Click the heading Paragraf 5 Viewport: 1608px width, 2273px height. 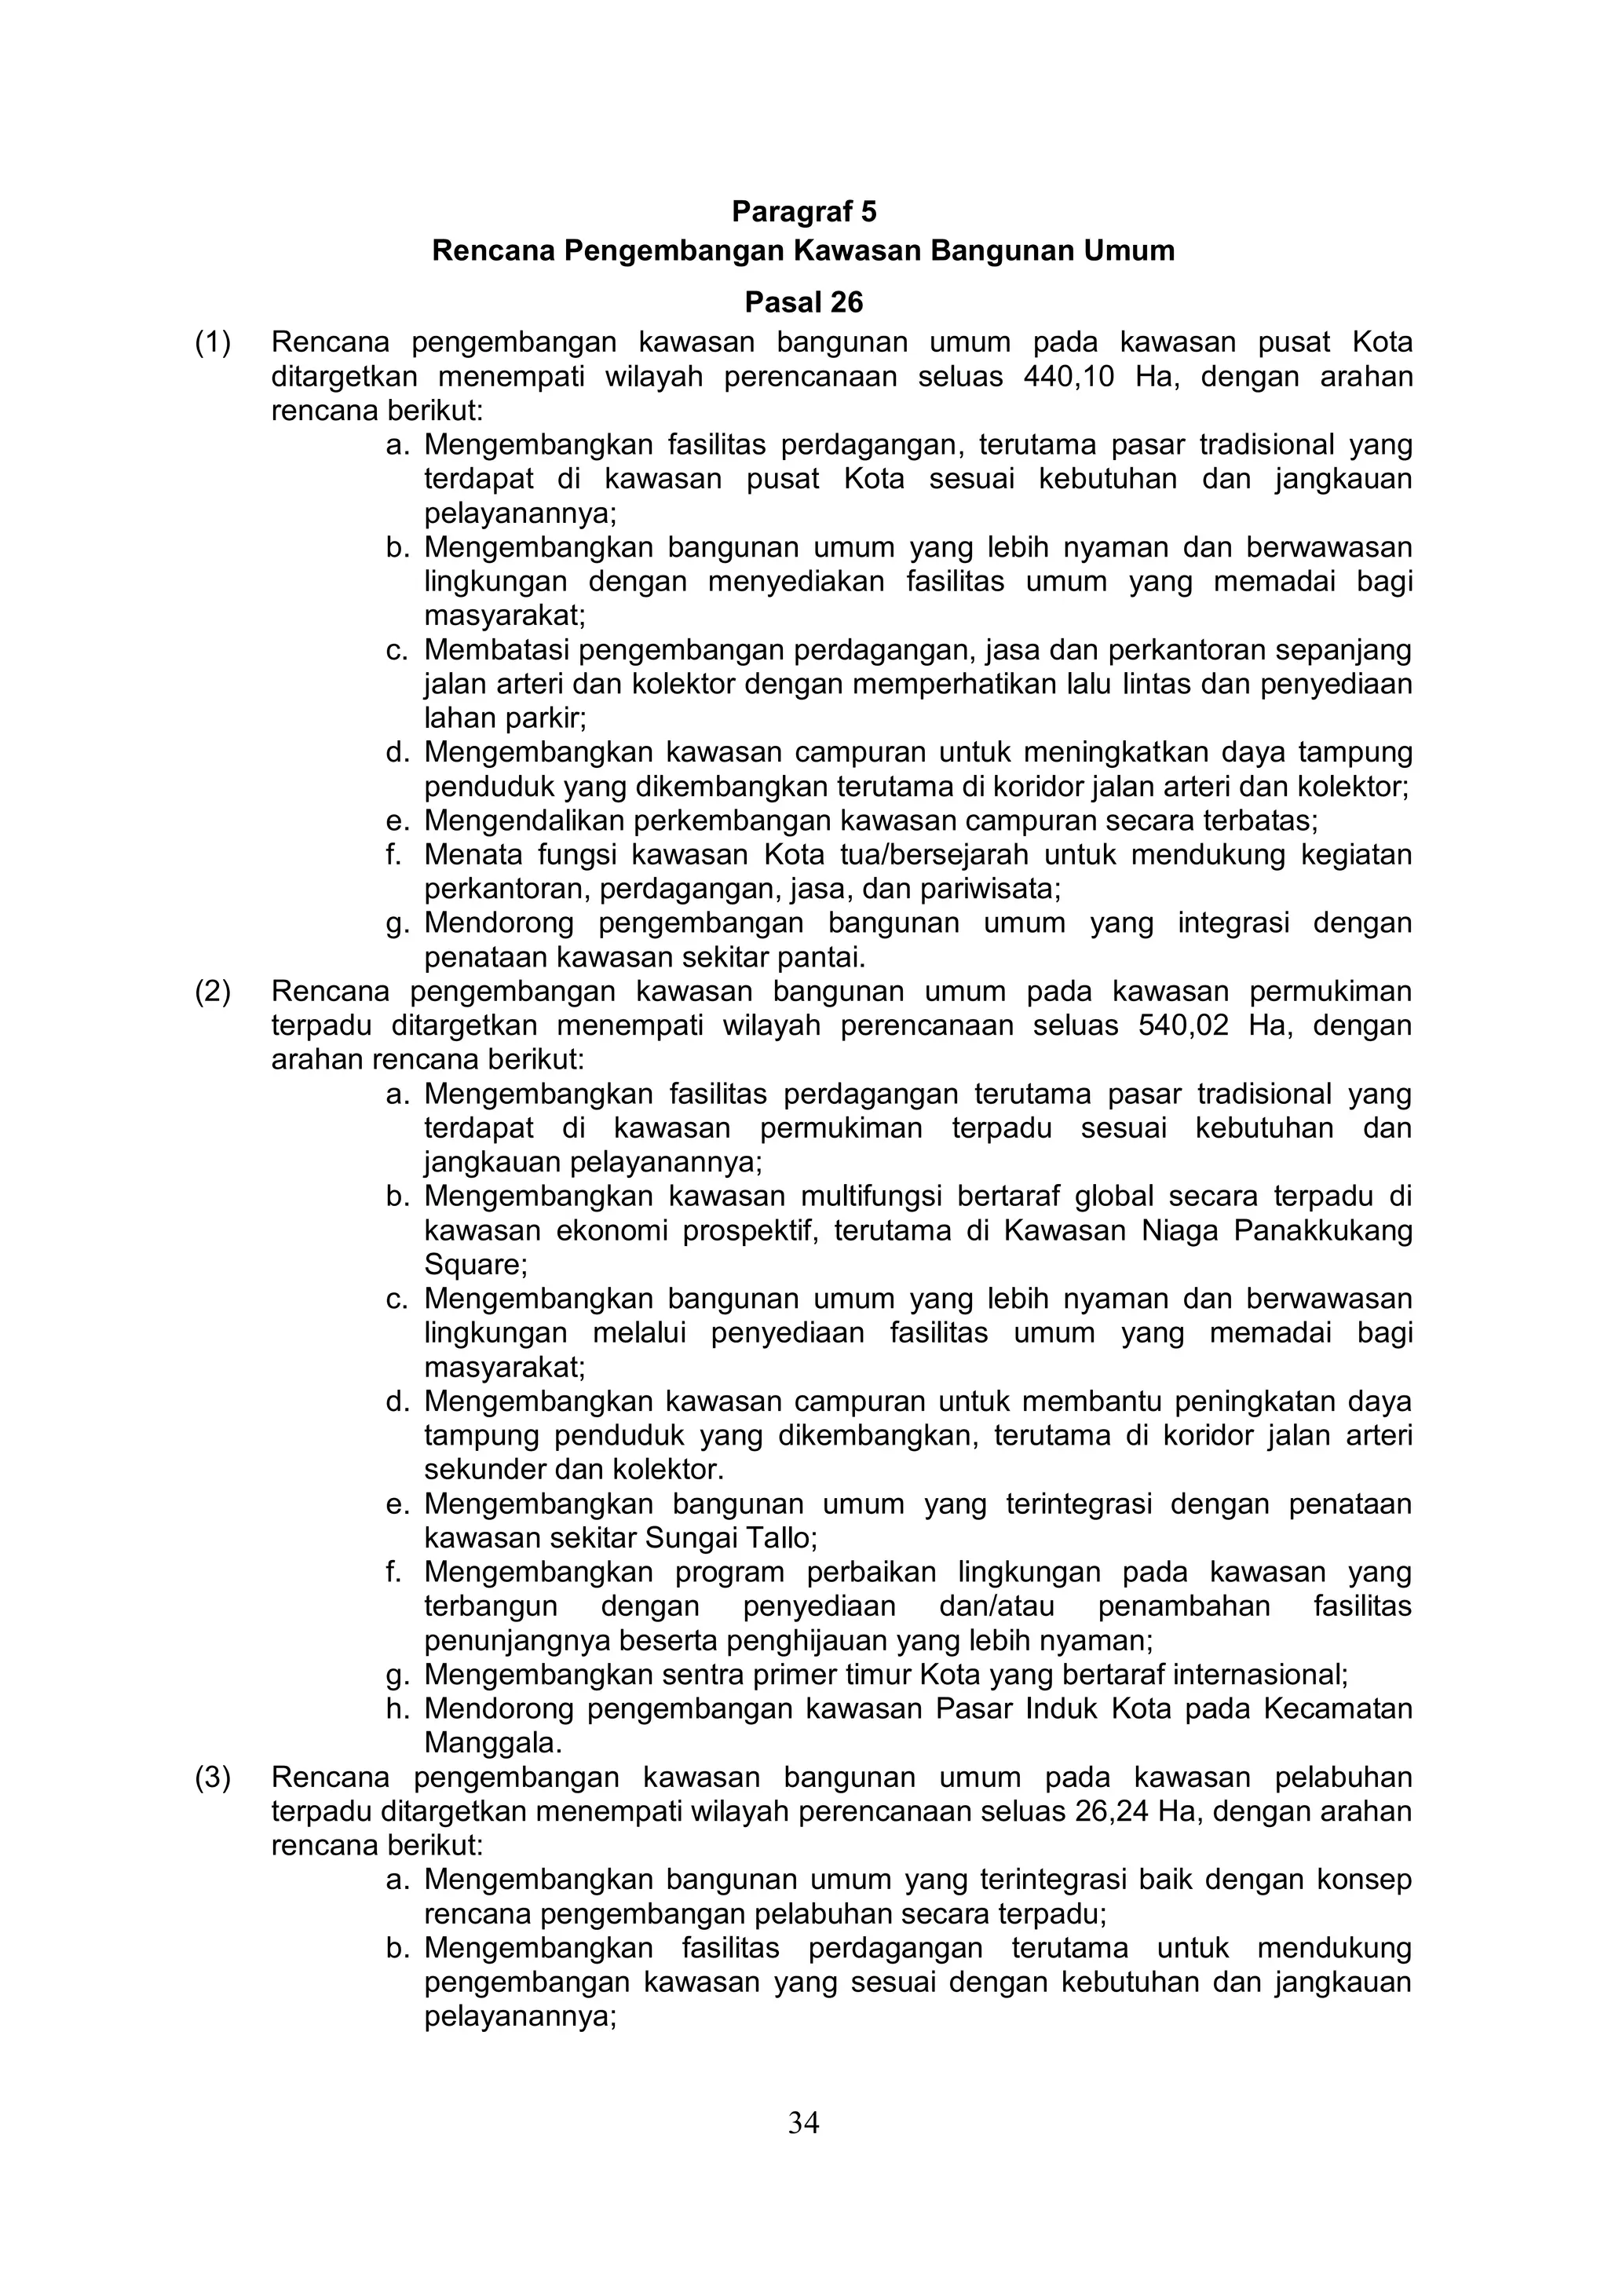tap(803, 212)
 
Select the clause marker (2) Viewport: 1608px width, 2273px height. tap(213, 992)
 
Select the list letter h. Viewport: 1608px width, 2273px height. tap(397, 1710)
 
